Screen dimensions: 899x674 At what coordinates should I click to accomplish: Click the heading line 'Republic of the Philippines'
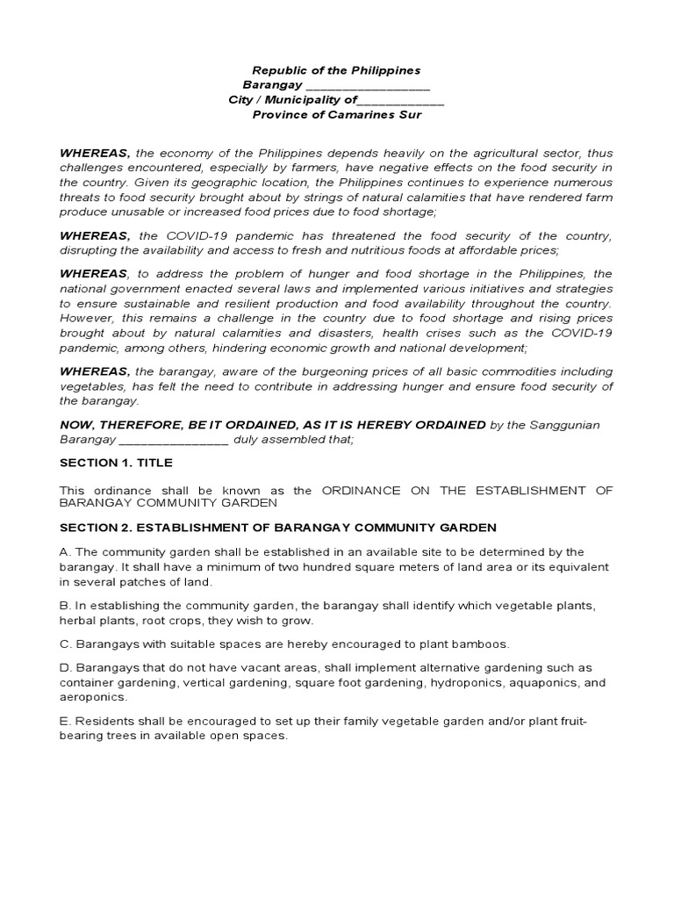tap(336, 70)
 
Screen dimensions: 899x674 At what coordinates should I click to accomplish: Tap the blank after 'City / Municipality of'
tap(401, 101)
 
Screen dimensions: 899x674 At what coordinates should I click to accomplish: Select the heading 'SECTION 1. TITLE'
tap(116, 463)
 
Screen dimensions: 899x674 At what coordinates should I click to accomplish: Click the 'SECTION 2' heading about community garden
tap(277, 528)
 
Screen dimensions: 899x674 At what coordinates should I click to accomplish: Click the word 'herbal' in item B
tap(76, 621)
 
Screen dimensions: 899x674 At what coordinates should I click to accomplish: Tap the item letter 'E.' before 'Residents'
tap(64, 721)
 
